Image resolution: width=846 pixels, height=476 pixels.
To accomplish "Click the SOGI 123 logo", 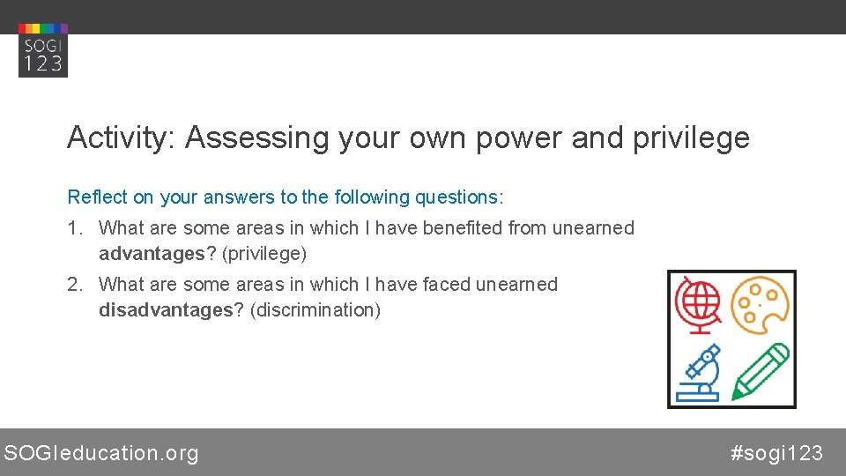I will click(42, 50).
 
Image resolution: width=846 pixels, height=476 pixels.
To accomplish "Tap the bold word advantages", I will click(152, 254).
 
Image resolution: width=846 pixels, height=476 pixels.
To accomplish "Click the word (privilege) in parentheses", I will click(264, 254).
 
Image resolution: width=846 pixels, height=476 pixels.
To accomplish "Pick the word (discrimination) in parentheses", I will click(315, 310).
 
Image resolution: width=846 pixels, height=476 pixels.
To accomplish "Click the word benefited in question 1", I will click(463, 228).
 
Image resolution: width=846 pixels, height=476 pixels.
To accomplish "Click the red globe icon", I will click(698, 304).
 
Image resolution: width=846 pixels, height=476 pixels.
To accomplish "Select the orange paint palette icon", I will click(761, 304).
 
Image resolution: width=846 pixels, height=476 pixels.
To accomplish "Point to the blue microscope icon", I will click(699, 371).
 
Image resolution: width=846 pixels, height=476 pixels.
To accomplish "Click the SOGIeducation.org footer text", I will click(101, 453).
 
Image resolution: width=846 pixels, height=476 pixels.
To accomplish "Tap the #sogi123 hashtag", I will click(776, 453).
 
